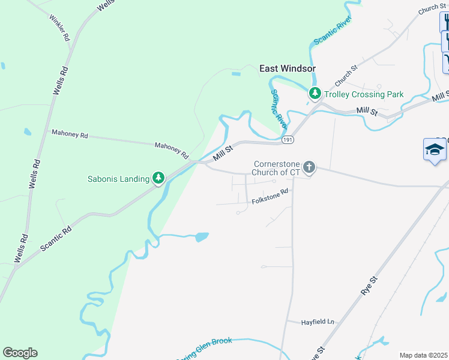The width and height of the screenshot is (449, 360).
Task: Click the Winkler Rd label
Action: [x=60, y=28]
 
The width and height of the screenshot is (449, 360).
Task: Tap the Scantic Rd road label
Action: [x=57, y=238]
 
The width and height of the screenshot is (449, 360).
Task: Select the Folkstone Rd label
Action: [x=270, y=196]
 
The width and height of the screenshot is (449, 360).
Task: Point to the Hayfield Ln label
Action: [x=318, y=322]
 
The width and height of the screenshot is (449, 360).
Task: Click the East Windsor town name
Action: [x=287, y=69]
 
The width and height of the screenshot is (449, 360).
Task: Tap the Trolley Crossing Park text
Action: [x=364, y=94]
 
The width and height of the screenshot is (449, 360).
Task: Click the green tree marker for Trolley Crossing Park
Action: [x=315, y=94]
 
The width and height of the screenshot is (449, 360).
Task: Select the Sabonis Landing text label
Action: [x=118, y=178]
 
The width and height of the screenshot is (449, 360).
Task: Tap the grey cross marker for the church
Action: [x=309, y=167]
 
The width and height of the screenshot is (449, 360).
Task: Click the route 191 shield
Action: [x=289, y=139]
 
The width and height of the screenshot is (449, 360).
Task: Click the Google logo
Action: [x=20, y=353]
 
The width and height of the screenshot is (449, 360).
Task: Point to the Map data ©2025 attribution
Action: [x=423, y=355]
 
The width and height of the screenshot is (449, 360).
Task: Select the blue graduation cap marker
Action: [x=435, y=149]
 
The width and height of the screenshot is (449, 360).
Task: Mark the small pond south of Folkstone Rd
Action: [x=201, y=237]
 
